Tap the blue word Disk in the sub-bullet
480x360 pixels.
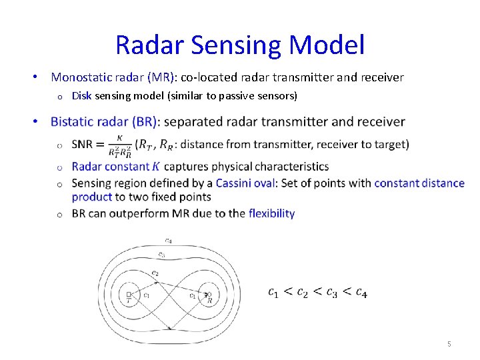81,96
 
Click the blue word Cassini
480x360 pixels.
236,183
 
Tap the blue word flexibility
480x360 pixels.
271,213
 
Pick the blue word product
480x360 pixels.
92,197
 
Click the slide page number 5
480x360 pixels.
449,344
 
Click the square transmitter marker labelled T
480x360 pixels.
128,293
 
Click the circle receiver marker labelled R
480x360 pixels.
208,293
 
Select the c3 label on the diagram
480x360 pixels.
161,255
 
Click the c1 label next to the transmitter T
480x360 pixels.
145,295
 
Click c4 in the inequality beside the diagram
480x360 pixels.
360,292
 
